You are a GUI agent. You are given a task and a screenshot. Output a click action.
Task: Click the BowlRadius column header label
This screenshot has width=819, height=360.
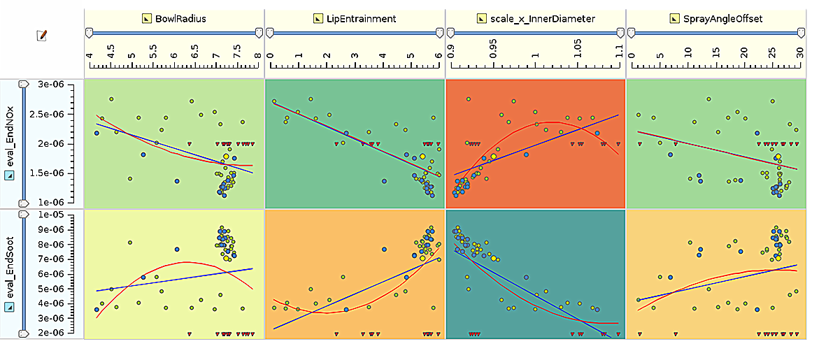point(181,19)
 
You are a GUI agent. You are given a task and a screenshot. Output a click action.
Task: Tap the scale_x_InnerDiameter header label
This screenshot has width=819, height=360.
point(543,19)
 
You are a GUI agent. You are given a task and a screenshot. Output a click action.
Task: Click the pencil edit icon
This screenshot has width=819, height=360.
point(41,34)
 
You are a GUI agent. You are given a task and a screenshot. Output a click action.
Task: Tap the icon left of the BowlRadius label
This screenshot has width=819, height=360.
point(146,19)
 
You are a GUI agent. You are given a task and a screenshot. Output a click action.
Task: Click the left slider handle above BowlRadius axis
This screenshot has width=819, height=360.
point(89,32)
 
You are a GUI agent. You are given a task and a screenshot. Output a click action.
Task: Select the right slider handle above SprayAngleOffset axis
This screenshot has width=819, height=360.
point(802,32)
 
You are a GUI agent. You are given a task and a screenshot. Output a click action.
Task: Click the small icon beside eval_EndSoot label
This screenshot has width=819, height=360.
point(9,306)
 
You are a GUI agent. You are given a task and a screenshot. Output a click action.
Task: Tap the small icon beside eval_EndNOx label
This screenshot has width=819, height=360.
point(9,176)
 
